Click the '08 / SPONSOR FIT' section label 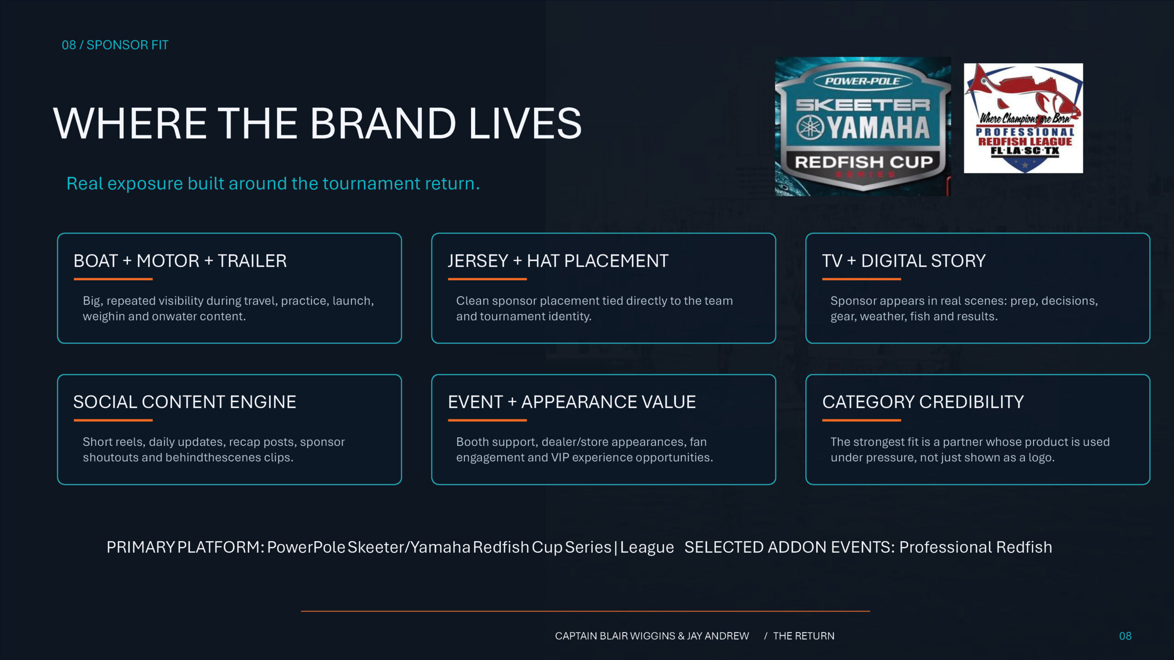click(x=115, y=45)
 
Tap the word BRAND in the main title click(x=383, y=123)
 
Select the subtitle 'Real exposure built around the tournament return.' click(x=273, y=183)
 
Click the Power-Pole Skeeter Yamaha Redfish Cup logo click(x=863, y=126)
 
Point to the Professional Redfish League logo click(x=1024, y=118)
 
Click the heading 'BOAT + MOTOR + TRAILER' click(x=180, y=261)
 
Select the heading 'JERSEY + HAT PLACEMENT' click(x=558, y=261)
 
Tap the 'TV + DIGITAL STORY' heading click(x=904, y=261)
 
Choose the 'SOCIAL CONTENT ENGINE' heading click(x=185, y=402)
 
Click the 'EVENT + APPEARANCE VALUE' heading click(x=572, y=402)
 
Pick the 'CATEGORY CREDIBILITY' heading click(x=923, y=402)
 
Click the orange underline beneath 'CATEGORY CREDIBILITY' click(x=862, y=420)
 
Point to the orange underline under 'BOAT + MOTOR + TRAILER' click(x=113, y=279)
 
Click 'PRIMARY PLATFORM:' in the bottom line click(x=185, y=547)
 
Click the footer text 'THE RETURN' click(x=804, y=636)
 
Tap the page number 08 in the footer click(x=1125, y=636)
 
